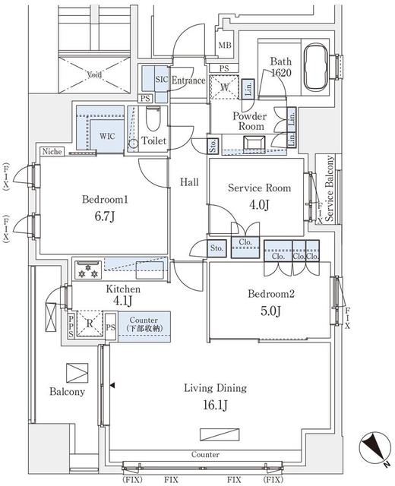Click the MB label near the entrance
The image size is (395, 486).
click(225, 46)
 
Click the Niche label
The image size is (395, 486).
click(52, 151)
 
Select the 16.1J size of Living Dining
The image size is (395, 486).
click(215, 404)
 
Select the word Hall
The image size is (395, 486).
click(189, 182)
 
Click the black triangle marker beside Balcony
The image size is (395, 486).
click(113, 386)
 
